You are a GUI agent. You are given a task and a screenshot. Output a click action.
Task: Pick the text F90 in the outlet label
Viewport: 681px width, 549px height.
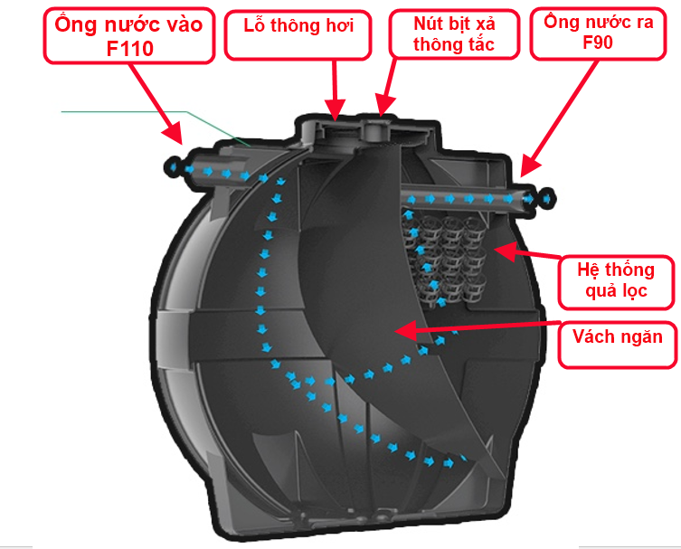pos(601,43)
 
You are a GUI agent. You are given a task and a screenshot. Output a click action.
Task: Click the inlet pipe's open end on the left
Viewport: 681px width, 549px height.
pos(171,166)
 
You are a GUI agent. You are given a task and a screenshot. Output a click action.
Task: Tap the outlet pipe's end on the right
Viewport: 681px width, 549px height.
pos(547,199)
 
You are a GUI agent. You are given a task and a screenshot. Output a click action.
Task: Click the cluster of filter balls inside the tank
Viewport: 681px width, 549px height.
pos(448,253)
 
